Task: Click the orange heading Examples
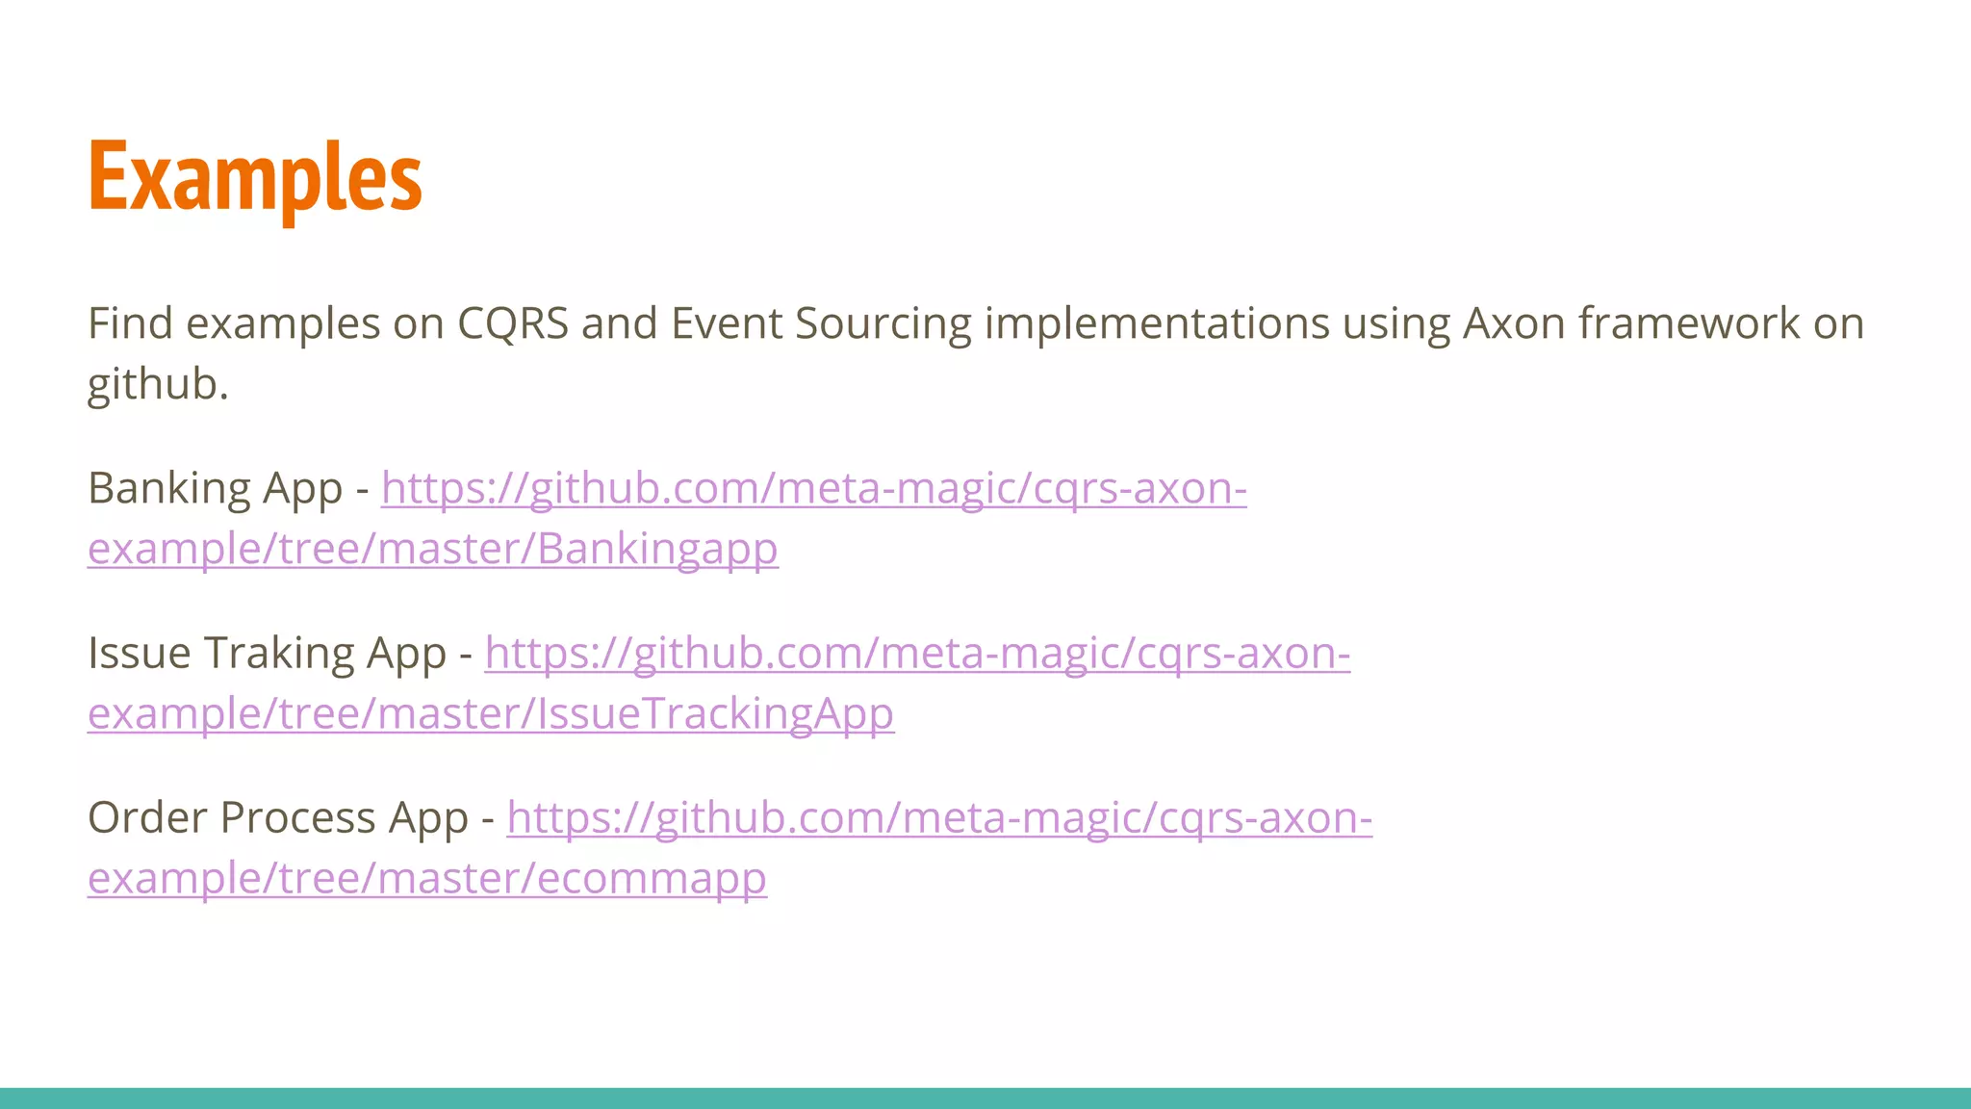point(255,178)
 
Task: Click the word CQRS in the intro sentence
point(513,323)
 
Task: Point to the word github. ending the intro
point(158,385)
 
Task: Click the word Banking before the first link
point(169,489)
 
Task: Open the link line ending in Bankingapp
point(433,550)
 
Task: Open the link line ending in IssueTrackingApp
point(491,714)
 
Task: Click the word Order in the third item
point(147,818)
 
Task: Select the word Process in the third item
point(297,818)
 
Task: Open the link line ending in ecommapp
point(427,879)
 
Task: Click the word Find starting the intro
point(130,323)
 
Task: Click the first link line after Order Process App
point(939,818)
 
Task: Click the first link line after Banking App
point(814,489)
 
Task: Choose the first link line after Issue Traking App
point(917,654)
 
